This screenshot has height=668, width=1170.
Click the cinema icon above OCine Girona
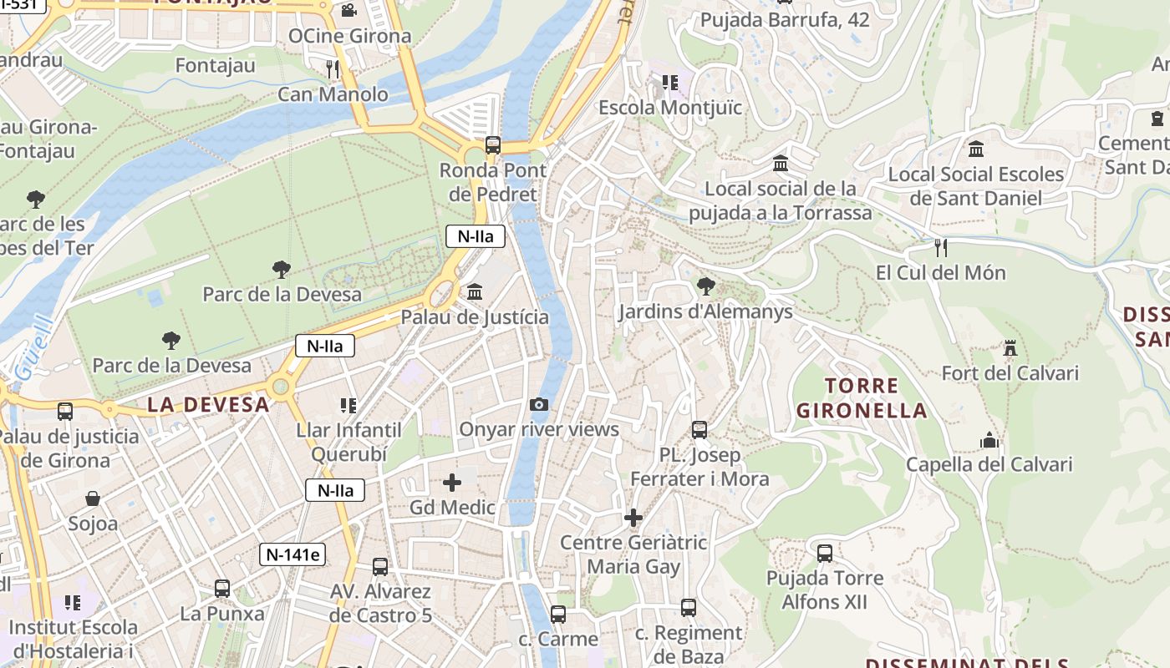(348, 10)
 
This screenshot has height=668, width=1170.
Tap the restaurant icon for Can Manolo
(333, 68)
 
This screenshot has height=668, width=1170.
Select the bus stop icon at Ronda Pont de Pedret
(493, 145)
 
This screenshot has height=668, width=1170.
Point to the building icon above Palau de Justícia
(475, 291)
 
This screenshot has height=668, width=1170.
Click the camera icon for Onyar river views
(539, 405)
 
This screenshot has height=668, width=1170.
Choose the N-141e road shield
(292, 554)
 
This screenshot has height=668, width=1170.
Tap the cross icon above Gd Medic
(452, 483)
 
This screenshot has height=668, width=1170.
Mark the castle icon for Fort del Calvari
(1010, 347)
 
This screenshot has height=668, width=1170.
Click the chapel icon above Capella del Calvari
(989, 440)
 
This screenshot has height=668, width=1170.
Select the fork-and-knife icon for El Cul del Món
(940, 247)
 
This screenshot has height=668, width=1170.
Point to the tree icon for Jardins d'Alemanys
(705, 286)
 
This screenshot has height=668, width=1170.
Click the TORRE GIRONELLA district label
(862, 398)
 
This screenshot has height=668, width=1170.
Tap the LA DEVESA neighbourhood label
(209, 405)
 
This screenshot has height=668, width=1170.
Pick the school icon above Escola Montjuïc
(669, 82)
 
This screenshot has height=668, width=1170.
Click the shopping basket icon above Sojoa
(93, 498)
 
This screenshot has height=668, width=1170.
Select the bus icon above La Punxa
(222, 588)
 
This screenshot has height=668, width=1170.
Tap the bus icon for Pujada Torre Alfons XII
(825, 553)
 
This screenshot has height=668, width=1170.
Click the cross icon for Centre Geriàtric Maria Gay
(633, 518)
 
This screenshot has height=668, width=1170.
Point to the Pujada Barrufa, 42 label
(785, 20)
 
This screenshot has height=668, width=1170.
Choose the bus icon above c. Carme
(558, 614)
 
